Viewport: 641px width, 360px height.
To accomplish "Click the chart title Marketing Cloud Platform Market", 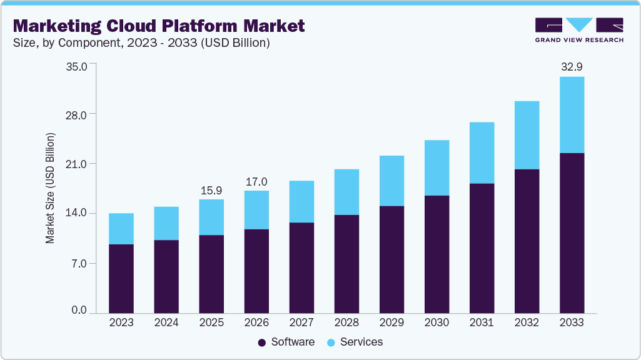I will pos(159,26).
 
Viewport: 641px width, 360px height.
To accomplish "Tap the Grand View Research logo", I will pos(578,29).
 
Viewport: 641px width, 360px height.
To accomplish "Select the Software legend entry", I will pos(286,342).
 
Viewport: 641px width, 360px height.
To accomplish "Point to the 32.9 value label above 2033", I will pos(571,67).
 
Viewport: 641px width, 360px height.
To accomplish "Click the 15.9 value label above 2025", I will pos(211,189).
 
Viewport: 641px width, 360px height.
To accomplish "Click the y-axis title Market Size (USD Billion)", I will pos(50,188).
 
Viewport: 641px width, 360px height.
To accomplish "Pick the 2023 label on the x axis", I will pos(121,322).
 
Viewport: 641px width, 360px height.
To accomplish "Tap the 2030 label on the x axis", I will pos(437,322).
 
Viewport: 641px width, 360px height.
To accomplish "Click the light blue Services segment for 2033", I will pos(572,114).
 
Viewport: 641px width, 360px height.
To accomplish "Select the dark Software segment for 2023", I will pos(121,278).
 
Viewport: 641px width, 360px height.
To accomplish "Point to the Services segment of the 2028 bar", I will pos(346,192).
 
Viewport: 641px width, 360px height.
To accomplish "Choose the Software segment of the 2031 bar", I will pos(482,248).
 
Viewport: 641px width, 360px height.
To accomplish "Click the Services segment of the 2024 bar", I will pos(166,223).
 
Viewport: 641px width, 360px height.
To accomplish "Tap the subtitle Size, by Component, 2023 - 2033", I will pos(141,43).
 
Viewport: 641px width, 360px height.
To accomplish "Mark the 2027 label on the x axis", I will pos(301,322).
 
